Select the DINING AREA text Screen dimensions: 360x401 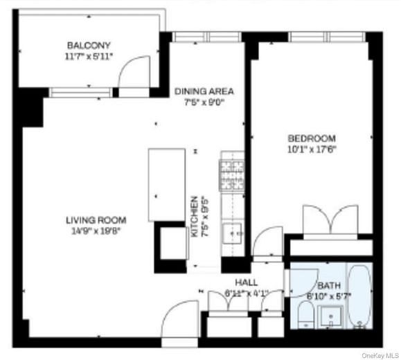coord(204,91)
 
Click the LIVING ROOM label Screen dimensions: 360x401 coord(96,220)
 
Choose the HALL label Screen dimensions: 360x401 coord(246,282)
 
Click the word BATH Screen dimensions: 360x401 coord(329,285)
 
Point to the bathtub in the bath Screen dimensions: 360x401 coord(359,298)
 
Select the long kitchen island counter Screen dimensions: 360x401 coord(166,185)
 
